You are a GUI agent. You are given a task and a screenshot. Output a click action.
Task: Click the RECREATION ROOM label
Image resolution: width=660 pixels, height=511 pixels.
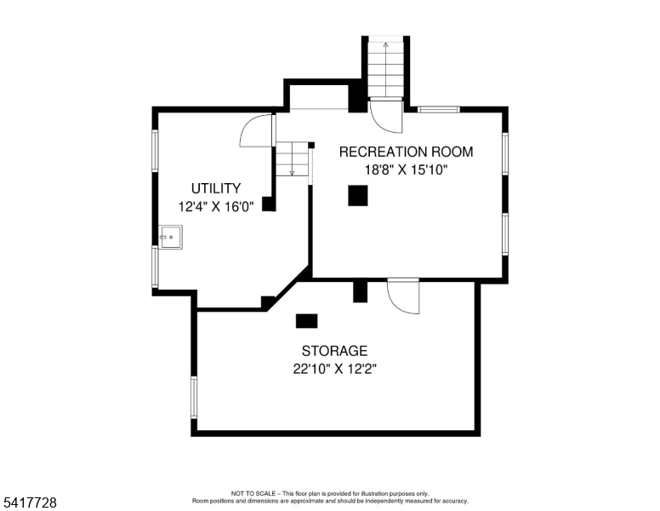point(406,152)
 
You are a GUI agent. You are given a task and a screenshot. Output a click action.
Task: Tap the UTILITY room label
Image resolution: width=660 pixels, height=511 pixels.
point(216,188)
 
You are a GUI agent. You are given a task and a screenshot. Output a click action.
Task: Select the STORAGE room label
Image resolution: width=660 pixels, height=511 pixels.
point(334,351)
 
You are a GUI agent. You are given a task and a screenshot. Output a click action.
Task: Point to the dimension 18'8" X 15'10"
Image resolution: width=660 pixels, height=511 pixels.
point(406,170)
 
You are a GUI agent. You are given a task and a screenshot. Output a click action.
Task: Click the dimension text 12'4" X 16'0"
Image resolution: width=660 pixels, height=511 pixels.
point(216,207)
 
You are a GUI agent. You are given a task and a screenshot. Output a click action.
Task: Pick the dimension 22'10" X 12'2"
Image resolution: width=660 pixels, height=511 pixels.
point(334,370)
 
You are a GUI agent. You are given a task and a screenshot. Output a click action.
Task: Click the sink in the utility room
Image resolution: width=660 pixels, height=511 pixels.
point(171,238)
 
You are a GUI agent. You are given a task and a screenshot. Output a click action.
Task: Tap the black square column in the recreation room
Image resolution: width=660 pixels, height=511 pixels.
point(358,196)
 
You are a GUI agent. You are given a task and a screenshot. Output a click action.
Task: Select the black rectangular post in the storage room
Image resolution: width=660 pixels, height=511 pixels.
point(306,321)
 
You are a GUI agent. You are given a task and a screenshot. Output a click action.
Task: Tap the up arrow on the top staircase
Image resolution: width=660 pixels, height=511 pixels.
point(385,70)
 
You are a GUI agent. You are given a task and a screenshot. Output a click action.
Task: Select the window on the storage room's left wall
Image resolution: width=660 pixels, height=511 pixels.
point(194,398)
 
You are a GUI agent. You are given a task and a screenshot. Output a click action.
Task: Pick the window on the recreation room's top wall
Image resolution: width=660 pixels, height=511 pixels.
point(439,110)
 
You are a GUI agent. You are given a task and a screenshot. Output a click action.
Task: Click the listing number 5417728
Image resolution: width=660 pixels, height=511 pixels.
point(30,502)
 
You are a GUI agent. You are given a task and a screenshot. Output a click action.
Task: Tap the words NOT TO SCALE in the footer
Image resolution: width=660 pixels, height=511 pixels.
point(253,493)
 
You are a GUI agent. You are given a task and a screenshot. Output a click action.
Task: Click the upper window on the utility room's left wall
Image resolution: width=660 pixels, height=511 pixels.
point(155,151)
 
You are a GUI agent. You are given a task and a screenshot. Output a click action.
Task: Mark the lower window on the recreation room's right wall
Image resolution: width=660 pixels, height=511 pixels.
point(505,234)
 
